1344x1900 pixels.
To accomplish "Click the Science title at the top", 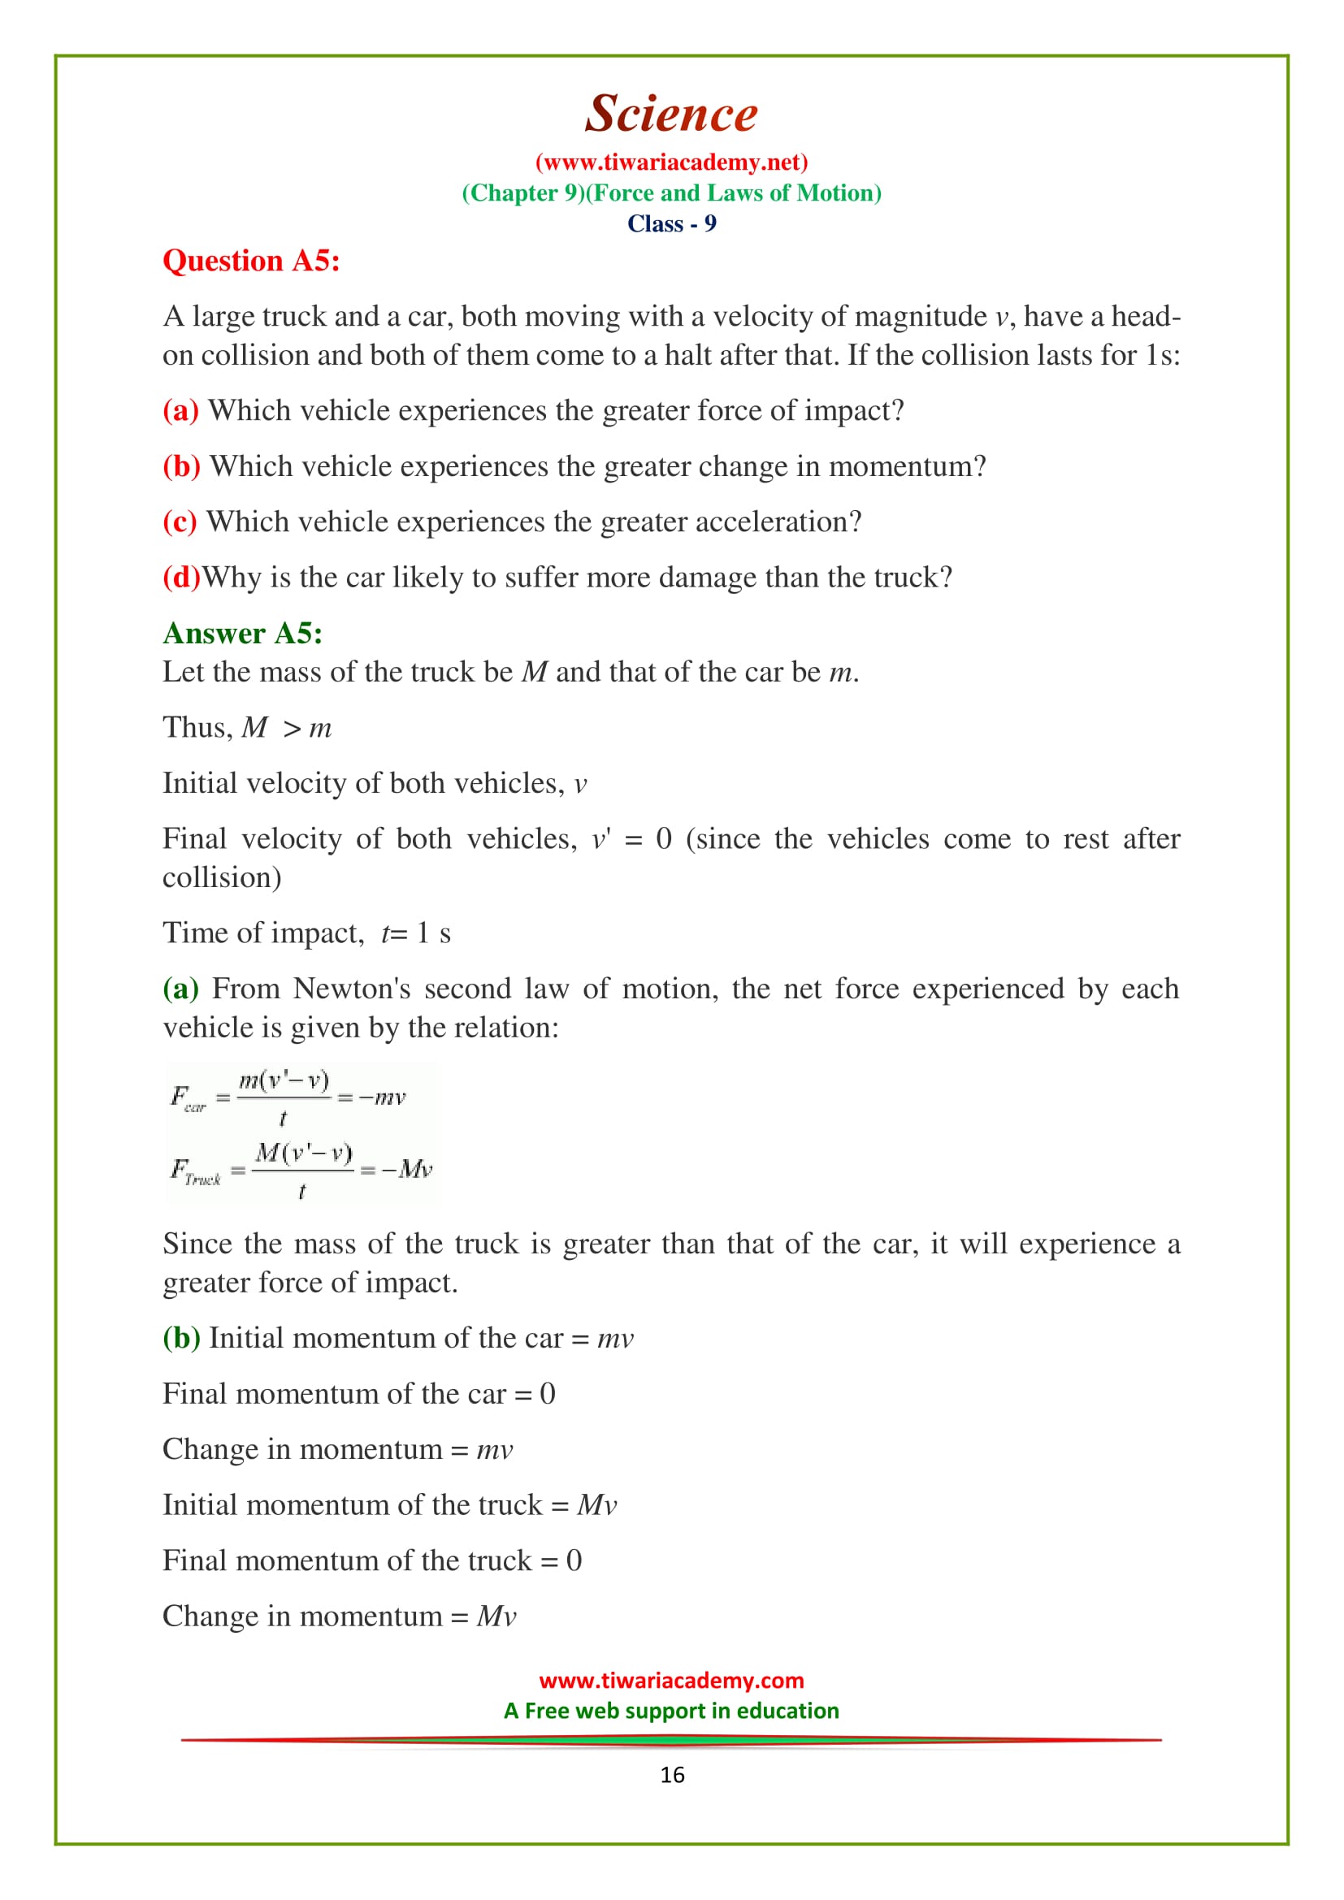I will [x=671, y=114].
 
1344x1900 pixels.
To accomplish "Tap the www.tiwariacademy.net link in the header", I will [x=671, y=162].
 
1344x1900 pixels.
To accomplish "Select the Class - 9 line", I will [x=671, y=223].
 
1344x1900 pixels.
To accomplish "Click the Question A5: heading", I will [x=251, y=262].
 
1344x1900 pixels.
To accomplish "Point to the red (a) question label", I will [x=180, y=410].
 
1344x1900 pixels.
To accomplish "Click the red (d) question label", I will [x=181, y=578].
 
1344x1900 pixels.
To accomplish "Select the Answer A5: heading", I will [x=241, y=633].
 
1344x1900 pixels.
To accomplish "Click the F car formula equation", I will [x=288, y=1098].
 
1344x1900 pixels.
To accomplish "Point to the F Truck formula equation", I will [x=301, y=1170].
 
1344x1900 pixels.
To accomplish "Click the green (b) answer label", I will [x=180, y=1338].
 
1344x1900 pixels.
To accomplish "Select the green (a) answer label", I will [x=180, y=989].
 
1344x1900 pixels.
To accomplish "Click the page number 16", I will [x=672, y=1775].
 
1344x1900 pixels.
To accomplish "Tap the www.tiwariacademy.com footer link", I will [x=671, y=1681].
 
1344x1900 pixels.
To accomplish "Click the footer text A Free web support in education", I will [x=671, y=1711].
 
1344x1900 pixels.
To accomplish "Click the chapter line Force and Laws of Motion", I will [x=671, y=193].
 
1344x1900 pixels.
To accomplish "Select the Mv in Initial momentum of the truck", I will [x=596, y=1505].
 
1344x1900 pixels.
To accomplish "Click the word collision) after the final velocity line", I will [x=222, y=877].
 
